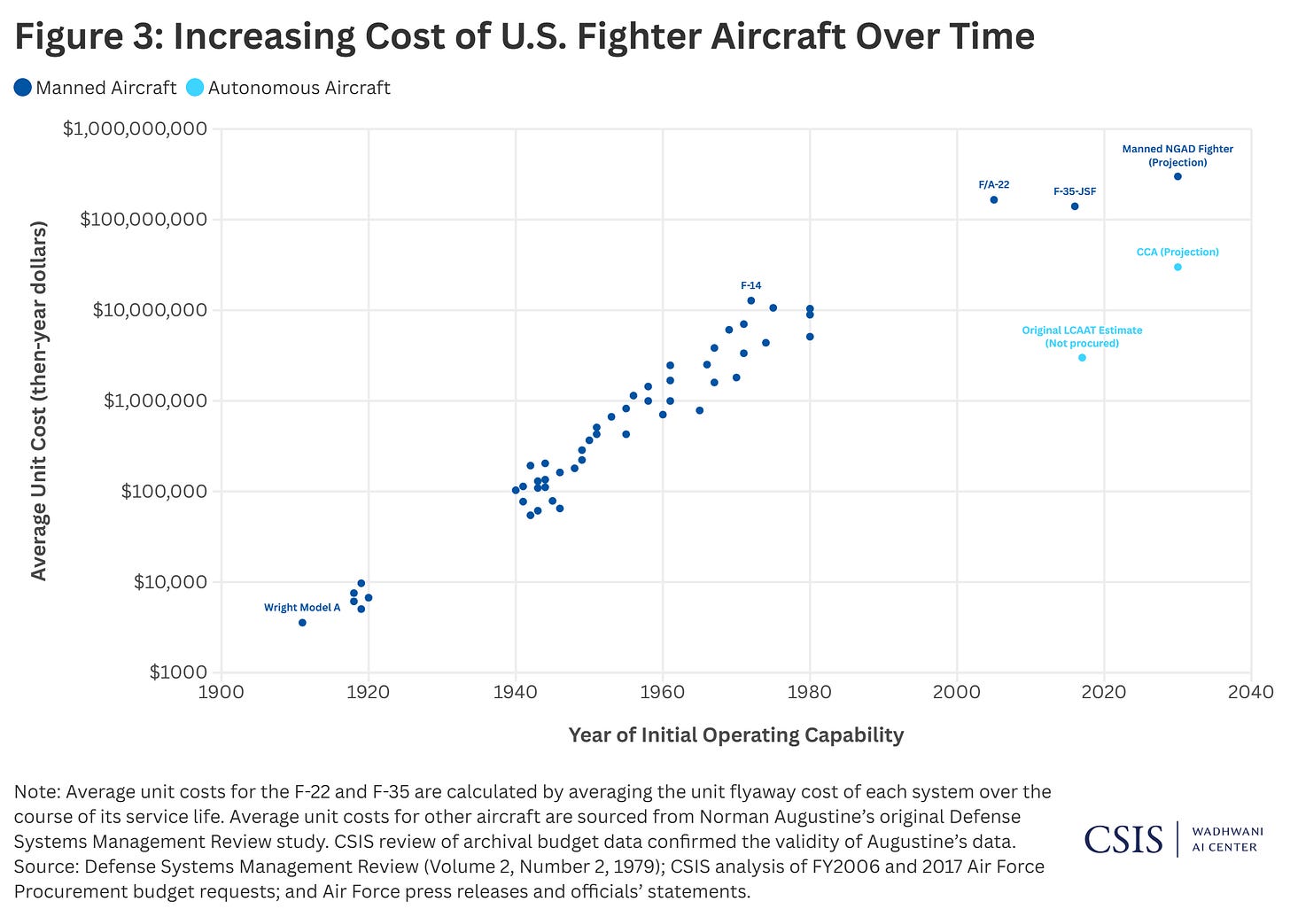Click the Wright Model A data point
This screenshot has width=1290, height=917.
[x=302, y=623]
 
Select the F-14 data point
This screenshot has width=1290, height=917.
[x=751, y=300]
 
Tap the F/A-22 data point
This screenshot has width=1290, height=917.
[x=994, y=199]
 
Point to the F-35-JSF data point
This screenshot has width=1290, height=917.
[x=1075, y=206]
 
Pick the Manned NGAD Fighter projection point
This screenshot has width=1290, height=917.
[x=1177, y=176]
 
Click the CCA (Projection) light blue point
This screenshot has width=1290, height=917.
[x=1177, y=267]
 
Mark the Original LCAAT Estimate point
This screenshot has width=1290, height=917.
[x=1082, y=358]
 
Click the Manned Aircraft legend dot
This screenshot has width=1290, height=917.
[x=23, y=88]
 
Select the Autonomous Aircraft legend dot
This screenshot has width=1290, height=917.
[x=196, y=88]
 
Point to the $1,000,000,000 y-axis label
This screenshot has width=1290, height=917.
[x=136, y=128]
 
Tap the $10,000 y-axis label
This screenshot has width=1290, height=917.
[x=170, y=582]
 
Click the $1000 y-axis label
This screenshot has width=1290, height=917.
[x=178, y=672]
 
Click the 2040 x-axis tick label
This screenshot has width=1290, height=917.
[x=1251, y=692]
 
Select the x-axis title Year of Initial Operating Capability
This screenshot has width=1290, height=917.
[x=735, y=734]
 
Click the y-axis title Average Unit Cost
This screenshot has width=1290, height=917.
[x=38, y=400]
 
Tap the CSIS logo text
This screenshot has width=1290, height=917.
[x=1123, y=838]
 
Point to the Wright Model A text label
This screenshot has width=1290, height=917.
[x=302, y=608]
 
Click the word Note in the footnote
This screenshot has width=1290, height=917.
[x=36, y=791]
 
